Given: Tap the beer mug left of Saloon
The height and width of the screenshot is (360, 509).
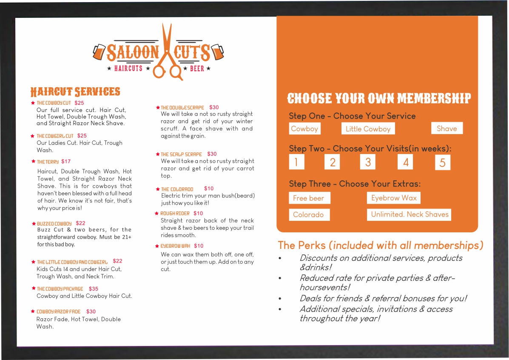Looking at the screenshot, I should click(99, 51).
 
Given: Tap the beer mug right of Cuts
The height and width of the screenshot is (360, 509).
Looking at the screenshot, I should click(217, 51).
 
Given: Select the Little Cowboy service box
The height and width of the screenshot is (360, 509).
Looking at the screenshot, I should click(368, 129).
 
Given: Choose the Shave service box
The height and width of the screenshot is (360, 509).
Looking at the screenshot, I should click(446, 128).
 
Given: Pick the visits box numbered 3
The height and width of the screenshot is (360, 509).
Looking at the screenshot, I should click(368, 162).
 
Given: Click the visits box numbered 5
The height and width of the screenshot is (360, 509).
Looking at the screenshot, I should click(442, 163).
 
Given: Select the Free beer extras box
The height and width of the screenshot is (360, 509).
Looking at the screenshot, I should click(309, 198).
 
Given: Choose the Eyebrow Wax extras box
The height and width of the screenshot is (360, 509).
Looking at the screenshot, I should click(394, 198).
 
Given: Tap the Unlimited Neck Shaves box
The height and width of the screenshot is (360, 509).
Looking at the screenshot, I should click(409, 214).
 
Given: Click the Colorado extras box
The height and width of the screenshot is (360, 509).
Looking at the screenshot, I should click(309, 214).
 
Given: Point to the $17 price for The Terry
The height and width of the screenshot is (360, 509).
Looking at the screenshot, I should click(66, 162).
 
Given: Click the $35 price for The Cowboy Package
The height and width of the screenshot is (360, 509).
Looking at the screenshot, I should click(94, 289).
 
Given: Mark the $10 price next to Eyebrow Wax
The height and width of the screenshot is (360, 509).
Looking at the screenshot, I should click(199, 246).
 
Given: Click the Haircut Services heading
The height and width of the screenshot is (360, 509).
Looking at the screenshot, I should click(75, 91).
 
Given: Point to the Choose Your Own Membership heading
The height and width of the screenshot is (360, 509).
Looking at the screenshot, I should click(379, 98).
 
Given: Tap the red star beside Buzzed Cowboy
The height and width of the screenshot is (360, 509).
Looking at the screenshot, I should click(34, 224).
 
